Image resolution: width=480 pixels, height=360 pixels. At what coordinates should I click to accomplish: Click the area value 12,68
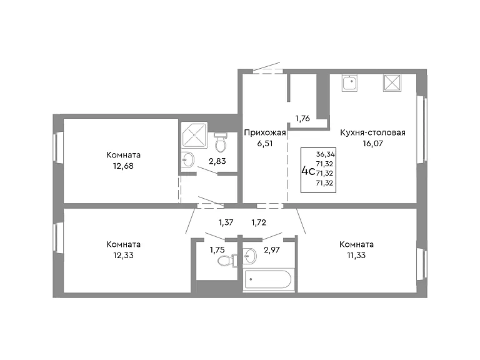point(123,166)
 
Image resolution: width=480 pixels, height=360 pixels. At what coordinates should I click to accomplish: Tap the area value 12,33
point(123,255)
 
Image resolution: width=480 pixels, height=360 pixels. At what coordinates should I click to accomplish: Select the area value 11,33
point(356,255)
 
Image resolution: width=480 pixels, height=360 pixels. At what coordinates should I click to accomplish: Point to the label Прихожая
point(265,132)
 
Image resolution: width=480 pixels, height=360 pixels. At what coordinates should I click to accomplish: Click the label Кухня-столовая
point(373,132)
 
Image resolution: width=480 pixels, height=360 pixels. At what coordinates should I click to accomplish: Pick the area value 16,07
point(373,143)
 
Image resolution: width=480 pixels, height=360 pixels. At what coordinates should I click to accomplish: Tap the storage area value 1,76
point(302,119)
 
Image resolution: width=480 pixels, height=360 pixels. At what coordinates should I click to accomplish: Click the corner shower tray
point(194,135)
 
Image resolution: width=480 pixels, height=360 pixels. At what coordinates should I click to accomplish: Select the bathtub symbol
point(267,279)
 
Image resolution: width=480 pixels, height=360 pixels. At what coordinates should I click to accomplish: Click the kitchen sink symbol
point(350,82)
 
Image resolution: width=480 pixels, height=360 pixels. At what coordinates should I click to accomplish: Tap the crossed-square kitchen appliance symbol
point(392,82)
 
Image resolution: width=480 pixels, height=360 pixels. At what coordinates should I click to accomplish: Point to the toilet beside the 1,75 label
point(227,261)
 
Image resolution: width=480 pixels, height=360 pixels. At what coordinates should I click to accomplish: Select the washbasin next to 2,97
point(250,255)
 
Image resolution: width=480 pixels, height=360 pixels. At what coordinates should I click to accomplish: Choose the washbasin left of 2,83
point(187,160)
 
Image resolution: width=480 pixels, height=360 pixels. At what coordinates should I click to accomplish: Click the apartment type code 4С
point(308,171)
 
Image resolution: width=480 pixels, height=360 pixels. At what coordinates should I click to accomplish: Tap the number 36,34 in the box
point(326,154)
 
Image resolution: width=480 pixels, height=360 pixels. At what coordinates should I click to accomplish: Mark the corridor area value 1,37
point(226,222)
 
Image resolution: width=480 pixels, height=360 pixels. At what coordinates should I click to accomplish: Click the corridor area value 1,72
point(259,222)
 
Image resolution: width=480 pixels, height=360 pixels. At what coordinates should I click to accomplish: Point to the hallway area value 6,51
point(265,143)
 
